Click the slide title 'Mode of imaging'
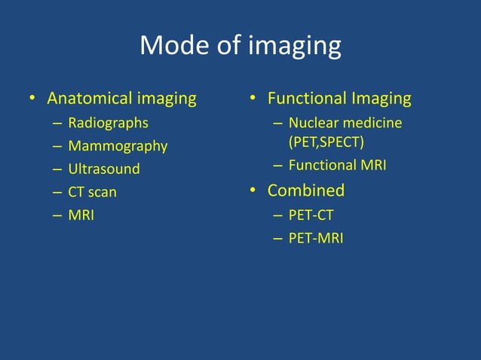pos(240,47)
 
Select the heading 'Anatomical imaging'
pos(121,99)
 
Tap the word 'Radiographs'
pos(108,123)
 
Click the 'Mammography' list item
pos(118,146)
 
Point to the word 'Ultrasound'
pos(104,169)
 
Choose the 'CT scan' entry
pos(92,192)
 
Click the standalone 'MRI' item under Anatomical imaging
pos(81,215)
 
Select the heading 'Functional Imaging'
pos(339,99)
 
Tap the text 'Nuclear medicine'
pos(345,123)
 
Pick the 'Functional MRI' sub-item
pos(337,165)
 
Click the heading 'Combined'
pos(306,190)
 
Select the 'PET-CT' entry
pos(311,215)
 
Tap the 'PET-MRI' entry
pos(315,239)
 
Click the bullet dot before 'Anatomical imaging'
pos(32,99)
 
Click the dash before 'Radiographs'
pos(58,124)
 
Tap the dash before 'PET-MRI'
pos(278,239)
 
